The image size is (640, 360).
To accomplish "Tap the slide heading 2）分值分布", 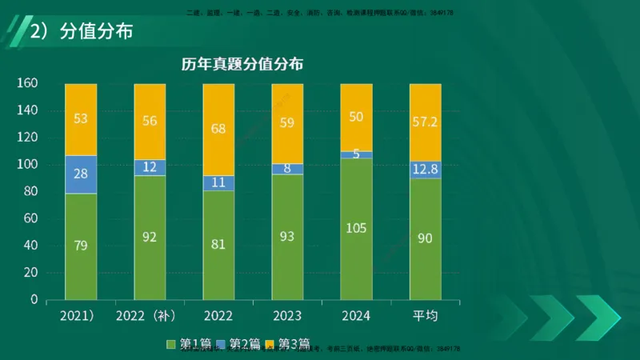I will pos(81,33).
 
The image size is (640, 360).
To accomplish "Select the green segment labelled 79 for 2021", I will pos(81,246).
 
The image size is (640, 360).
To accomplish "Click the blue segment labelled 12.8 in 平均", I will pos(425,169).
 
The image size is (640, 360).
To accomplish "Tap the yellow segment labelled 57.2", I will pos(425,122).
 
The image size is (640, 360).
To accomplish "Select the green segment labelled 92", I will pos(150,238).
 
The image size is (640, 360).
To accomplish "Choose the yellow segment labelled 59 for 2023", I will pos(287,124).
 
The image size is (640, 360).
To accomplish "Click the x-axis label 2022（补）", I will pos(150,316).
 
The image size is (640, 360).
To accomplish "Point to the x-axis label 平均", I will pos(425,316).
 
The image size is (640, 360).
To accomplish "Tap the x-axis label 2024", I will pos(356,316).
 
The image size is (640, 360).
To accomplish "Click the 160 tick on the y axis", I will pos(28,83).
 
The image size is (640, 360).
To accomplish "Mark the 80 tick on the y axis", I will pos(30,191).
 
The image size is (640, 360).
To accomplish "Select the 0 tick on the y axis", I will pos(34,300).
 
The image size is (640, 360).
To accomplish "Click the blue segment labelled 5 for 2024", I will pos(356,154).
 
